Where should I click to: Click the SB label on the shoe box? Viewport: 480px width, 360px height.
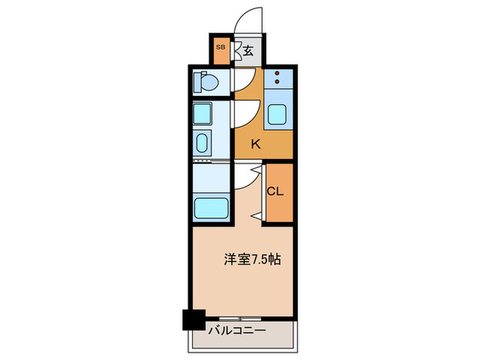click(x=221, y=47)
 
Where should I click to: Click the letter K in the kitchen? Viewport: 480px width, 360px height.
click(x=255, y=144)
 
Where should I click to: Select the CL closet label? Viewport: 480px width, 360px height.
click(x=275, y=192)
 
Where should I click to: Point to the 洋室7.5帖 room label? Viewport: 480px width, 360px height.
click(x=251, y=260)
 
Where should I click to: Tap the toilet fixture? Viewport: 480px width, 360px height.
click(x=206, y=83)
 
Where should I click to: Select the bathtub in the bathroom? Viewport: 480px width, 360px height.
click(x=212, y=206)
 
